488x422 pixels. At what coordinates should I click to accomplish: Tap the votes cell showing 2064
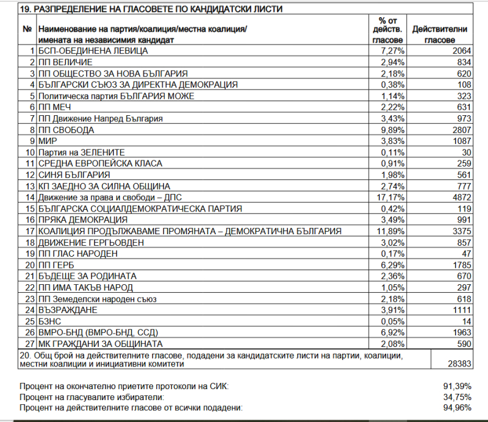(x=461, y=51)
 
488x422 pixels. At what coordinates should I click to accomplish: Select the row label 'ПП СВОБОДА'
(x=66, y=130)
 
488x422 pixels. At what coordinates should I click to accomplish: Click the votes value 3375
(x=461, y=231)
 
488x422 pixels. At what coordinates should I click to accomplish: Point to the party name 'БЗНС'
(x=49, y=321)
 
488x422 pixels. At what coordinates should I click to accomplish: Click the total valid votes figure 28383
(x=459, y=364)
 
